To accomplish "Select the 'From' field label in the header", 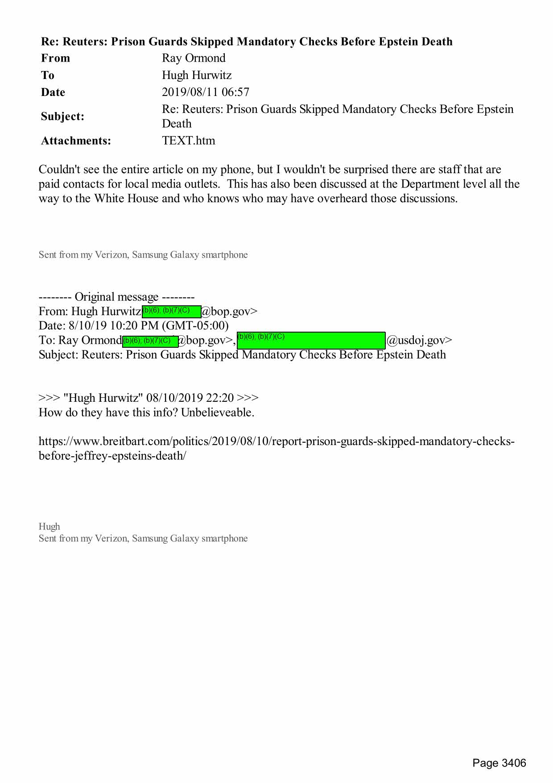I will pyautogui.click(x=55, y=58).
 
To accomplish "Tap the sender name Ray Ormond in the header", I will pyautogui.click(x=194, y=58).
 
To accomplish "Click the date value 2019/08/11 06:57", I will pyautogui.click(x=205, y=92).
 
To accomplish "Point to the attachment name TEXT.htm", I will pyautogui.click(x=188, y=141).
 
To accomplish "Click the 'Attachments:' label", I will pyautogui.click(x=76, y=141).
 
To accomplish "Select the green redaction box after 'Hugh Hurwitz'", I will pyautogui.click(x=171, y=311).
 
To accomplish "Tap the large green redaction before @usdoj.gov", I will pyautogui.click(x=311, y=340).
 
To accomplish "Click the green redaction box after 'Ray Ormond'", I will pyautogui.click(x=150, y=341).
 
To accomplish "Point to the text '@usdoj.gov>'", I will pyautogui.click(x=419, y=341).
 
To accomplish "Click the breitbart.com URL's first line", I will pyautogui.click(x=276, y=441).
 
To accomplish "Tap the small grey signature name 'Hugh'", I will pyautogui.click(x=49, y=527).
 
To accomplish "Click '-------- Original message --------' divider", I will pyautogui.click(x=116, y=297).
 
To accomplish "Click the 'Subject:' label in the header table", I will pyautogui.click(x=62, y=117).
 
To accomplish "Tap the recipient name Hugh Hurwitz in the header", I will pyautogui.click(x=197, y=75).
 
